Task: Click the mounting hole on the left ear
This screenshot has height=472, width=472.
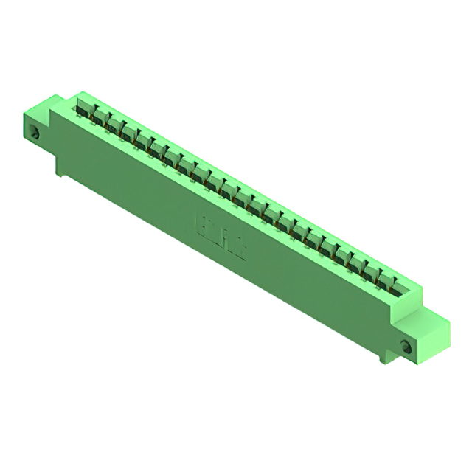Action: pos(35,133)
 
